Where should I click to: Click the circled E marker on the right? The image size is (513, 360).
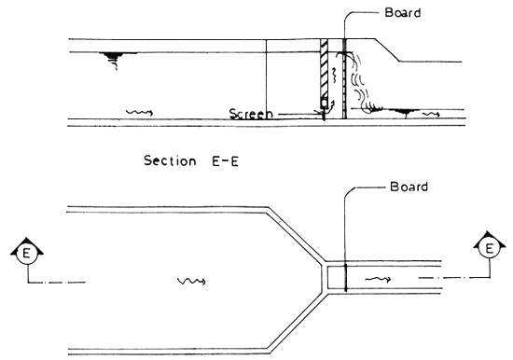click(486, 249)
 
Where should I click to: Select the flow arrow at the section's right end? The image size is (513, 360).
click(431, 113)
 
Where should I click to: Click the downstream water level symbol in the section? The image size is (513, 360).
click(403, 111)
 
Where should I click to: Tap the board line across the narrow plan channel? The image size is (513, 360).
click(345, 277)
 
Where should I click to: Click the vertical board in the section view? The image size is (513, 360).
click(344, 79)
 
